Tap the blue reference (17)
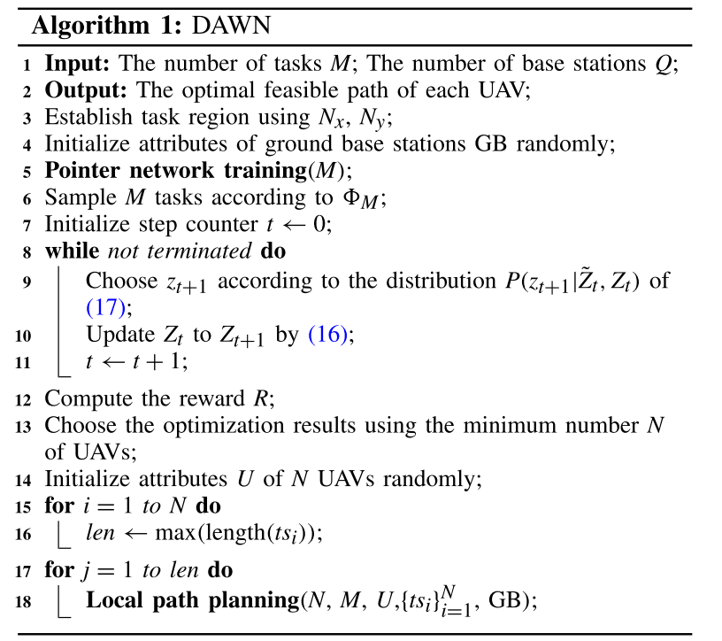(108, 306)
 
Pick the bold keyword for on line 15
(58, 507)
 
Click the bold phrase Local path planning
(192, 599)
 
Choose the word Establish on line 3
(84, 116)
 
